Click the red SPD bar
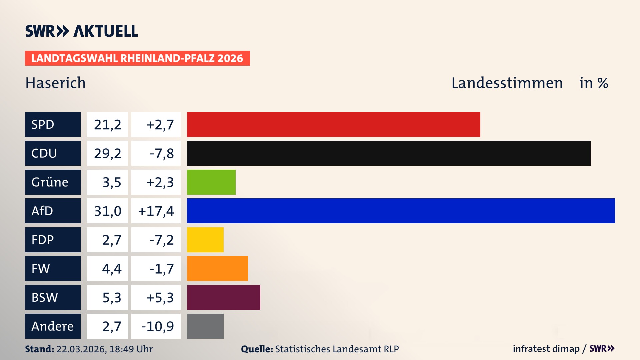pos(333,124)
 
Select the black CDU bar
pos(388,153)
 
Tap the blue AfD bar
pos(401,211)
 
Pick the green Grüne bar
pos(211,182)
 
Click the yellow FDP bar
pos(205,240)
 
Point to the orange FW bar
pos(217,268)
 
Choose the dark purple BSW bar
pos(223,297)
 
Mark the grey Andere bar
pos(205,326)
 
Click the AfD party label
pos(53,211)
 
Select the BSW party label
pos(53,297)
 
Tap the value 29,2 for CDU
pos(107,153)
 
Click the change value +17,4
pos(156,211)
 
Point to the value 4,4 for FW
pos(112,269)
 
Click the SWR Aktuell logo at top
pos(82,31)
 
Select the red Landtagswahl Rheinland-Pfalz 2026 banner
pos(137,58)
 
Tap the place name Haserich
pos(56,83)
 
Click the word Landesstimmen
pos(507,83)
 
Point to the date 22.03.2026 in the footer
pos(81,349)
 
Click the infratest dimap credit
pos(546,349)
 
